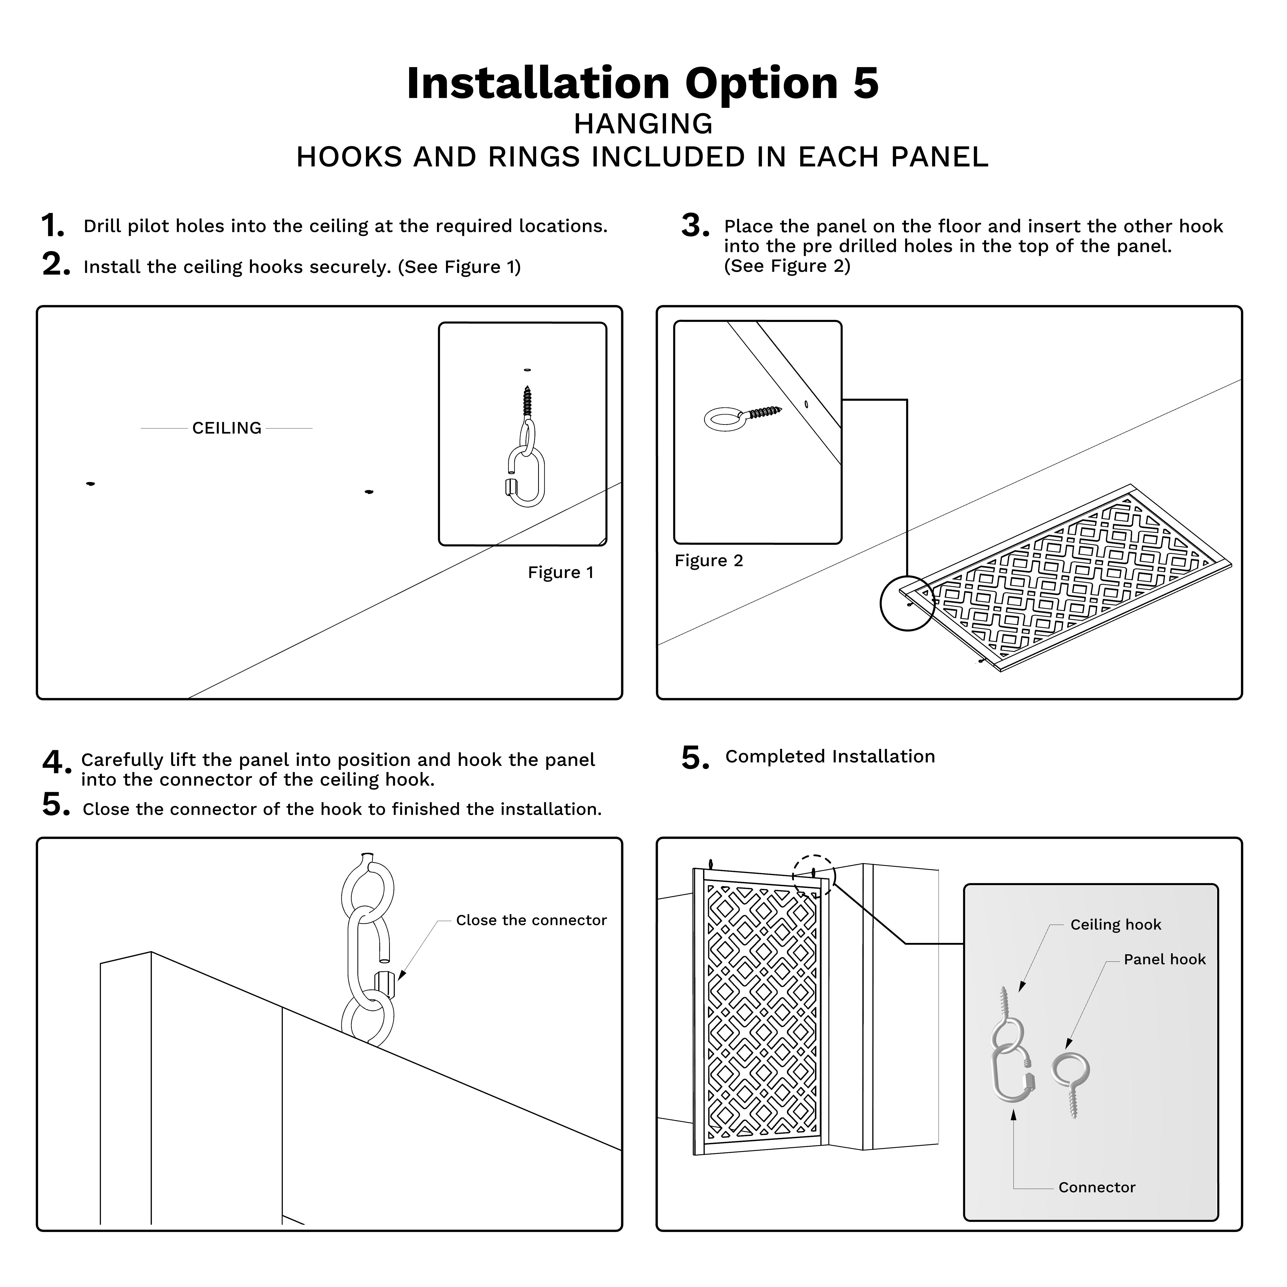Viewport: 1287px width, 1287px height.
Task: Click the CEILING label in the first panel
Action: tap(226, 428)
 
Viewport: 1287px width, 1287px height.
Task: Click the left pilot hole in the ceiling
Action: tap(91, 484)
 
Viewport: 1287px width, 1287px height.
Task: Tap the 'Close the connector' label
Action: tap(531, 920)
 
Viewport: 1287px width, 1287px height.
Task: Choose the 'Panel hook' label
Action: tap(1165, 959)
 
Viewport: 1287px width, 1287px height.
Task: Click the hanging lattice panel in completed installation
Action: tap(761, 1013)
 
